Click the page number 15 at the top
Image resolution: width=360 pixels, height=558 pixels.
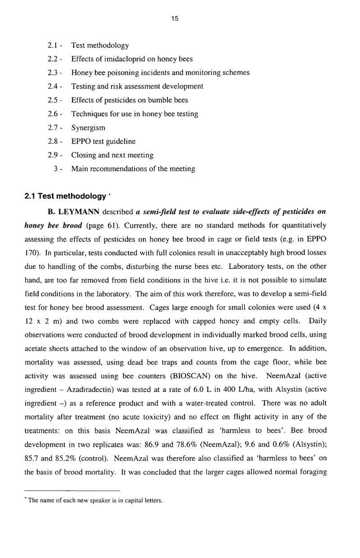175,18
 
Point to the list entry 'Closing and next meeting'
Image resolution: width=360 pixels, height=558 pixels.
112,155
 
